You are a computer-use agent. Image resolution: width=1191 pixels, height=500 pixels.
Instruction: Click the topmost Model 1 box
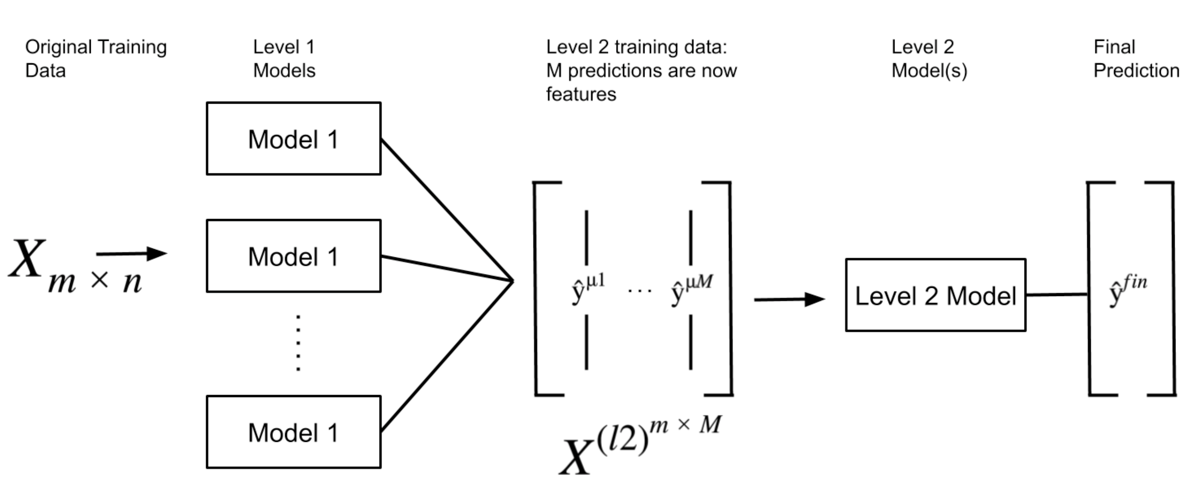click(293, 139)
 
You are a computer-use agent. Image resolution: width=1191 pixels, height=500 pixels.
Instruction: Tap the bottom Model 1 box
click(293, 432)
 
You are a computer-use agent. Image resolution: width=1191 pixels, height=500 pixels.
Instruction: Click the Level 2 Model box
click(935, 295)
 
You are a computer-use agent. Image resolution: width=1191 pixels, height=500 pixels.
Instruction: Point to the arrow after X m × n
click(132, 253)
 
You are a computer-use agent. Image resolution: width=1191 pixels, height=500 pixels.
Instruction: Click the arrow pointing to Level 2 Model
click(789, 299)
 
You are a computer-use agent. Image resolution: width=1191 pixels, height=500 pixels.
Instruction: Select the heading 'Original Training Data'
click(96, 59)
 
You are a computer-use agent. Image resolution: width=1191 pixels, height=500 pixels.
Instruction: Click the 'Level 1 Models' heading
click(284, 59)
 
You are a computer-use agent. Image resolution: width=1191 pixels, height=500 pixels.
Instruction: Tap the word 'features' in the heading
click(581, 94)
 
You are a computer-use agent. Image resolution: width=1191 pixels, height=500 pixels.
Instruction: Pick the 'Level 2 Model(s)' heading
click(929, 59)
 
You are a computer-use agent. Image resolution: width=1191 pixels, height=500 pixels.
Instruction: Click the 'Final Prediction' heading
click(1135, 59)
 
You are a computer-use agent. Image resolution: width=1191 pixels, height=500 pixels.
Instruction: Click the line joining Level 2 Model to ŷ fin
click(1056, 295)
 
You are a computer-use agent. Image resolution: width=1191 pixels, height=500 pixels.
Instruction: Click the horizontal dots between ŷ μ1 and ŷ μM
click(639, 291)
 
